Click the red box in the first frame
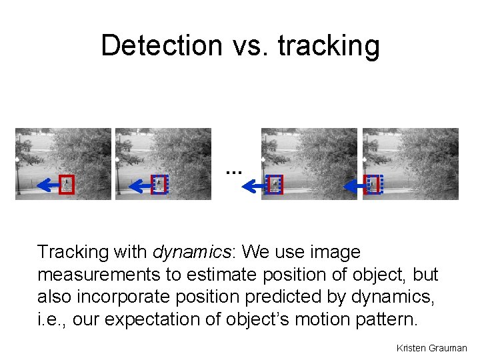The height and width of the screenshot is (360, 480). pyautogui.click(x=66, y=185)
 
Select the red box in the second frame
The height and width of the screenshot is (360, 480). pyautogui.click(x=159, y=184)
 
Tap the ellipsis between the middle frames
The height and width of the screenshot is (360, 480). pyautogui.click(x=233, y=171)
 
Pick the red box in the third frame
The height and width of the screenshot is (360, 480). pyautogui.click(x=275, y=185)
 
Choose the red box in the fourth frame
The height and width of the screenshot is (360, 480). pyautogui.click(x=374, y=185)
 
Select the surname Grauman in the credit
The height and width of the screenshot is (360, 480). pyautogui.click(x=448, y=348)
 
